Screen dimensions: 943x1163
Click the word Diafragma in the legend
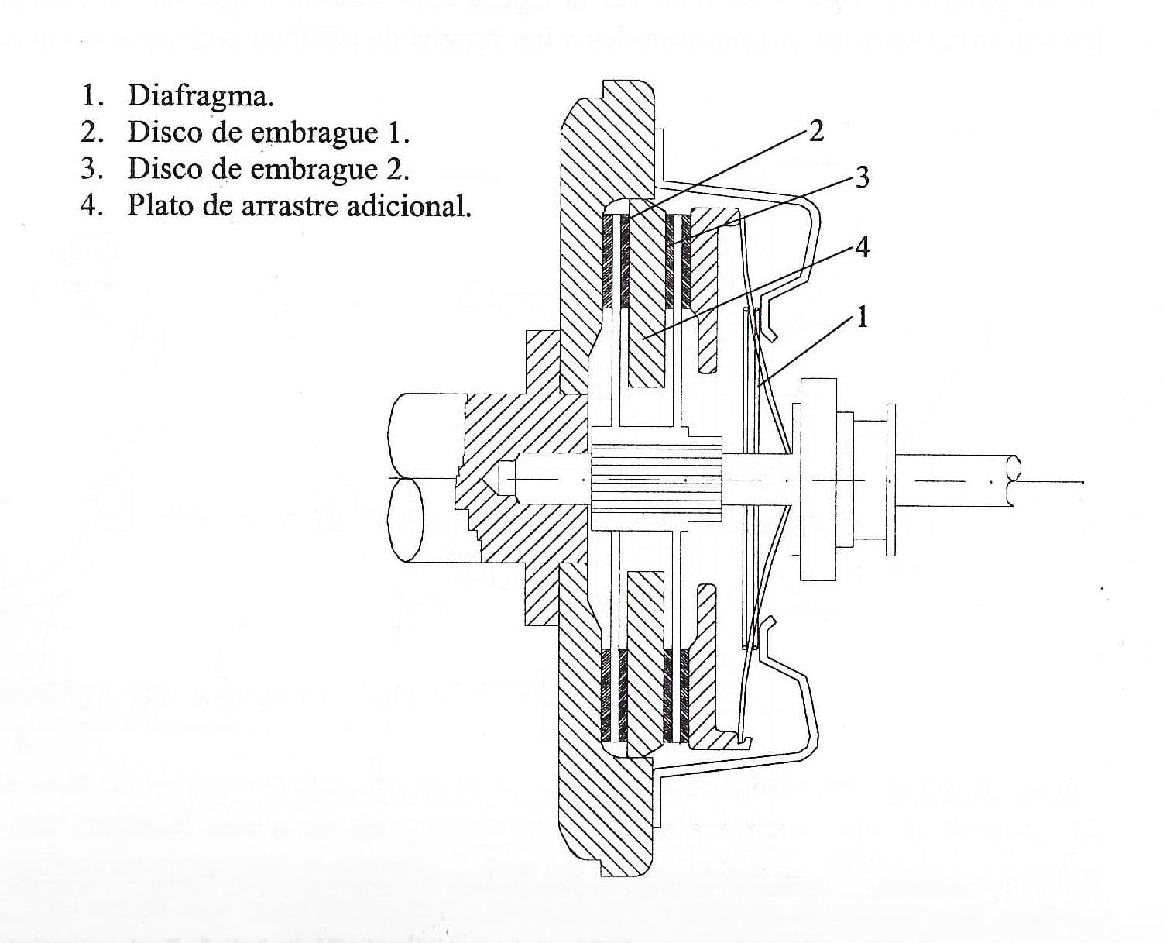(200, 96)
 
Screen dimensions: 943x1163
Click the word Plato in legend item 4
(157, 206)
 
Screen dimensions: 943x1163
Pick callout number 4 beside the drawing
(861, 247)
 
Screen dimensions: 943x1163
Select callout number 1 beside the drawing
(861, 317)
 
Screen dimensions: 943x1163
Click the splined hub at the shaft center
(657, 478)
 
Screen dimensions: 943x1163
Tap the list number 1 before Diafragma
(91, 96)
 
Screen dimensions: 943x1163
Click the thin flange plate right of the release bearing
(890, 480)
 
